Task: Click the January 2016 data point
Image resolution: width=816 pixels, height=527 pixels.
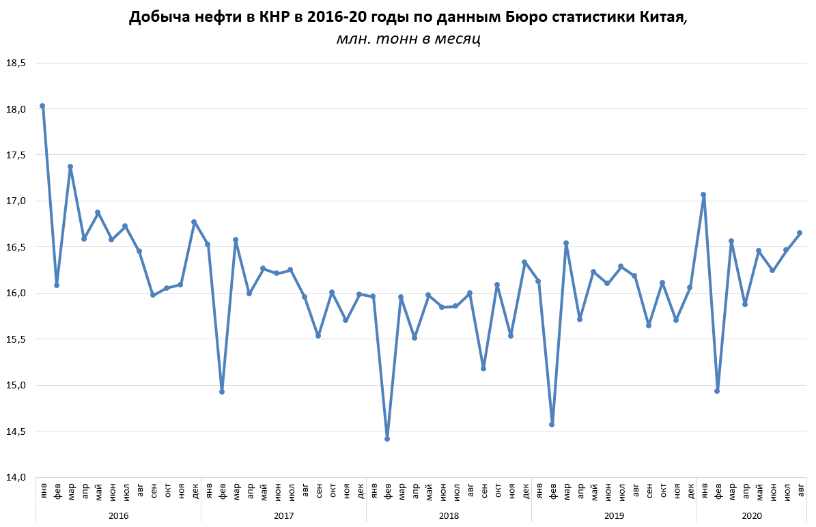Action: pos(42,106)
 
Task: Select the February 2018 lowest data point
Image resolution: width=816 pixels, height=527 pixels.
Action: pos(387,439)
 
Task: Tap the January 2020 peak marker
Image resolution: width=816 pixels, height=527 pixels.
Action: pos(703,195)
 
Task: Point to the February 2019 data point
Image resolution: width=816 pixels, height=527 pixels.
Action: pos(552,425)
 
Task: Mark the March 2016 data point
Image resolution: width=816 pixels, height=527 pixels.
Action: pos(70,167)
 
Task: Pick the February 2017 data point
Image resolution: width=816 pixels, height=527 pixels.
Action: pos(222,392)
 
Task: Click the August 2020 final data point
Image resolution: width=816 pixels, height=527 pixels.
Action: pos(800,233)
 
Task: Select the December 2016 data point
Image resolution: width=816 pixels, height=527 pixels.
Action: pos(194,222)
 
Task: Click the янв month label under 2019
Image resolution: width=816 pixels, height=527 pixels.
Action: pos(539,491)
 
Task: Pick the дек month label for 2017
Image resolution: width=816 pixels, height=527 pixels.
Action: pos(359,491)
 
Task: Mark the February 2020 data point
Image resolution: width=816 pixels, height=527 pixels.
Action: pos(717,391)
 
